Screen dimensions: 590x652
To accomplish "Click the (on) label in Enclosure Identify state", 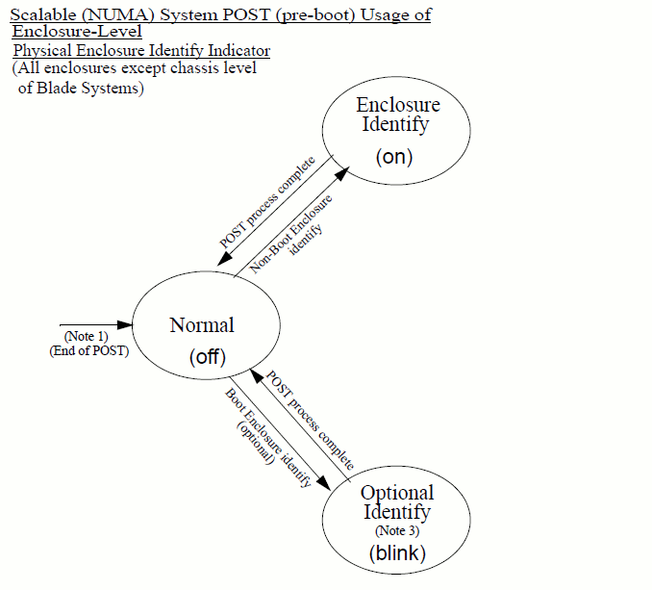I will pyautogui.click(x=394, y=156).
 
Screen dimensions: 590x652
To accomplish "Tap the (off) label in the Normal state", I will pyautogui.click(x=206, y=357).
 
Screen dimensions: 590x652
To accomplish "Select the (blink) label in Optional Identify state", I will pyautogui.click(x=396, y=552).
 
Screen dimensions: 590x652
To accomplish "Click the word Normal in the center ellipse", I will pyautogui.click(x=202, y=324).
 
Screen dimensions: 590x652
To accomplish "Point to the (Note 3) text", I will pyautogui.click(x=396, y=530).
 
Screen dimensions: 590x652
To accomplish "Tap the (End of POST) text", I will pyautogui.click(x=88, y=350).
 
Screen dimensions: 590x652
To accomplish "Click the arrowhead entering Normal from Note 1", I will pyautogui.click(x=124, y=324).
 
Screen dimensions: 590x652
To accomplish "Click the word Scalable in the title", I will pyautogui.click(x=42, y=14).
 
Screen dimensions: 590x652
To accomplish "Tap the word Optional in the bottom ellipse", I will pyautogui.click(x=397, y=493).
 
